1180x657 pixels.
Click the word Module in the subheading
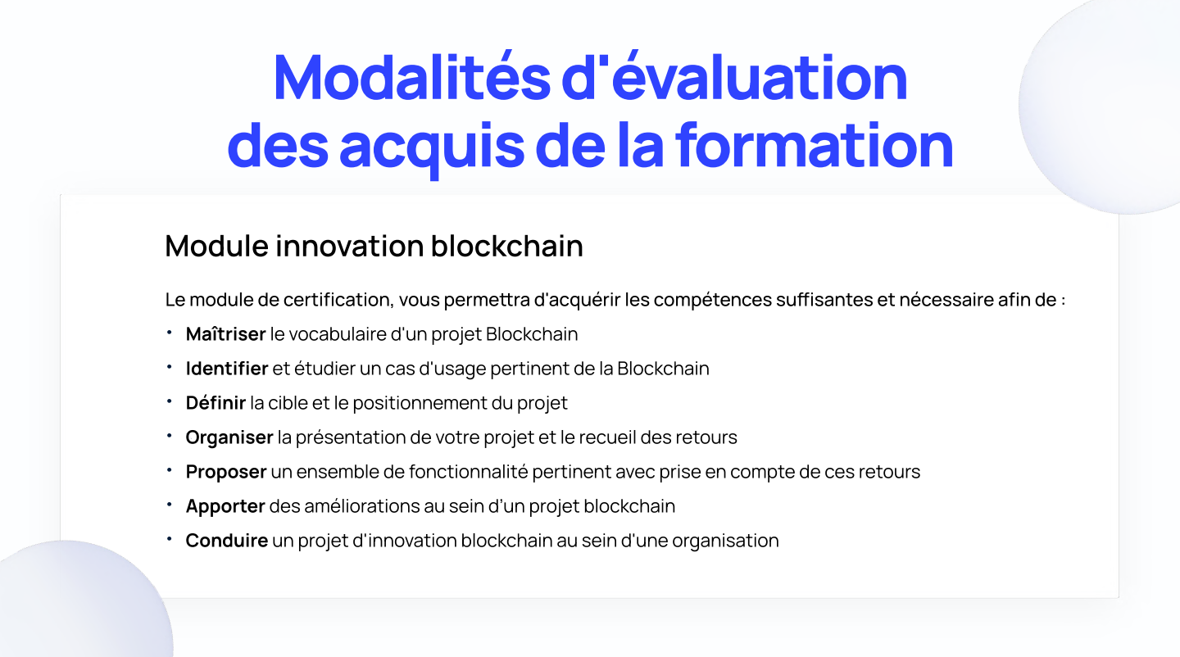tap(216, 246)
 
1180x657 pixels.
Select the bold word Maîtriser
tap(225, 334)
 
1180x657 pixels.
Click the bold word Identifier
tap(227, 369)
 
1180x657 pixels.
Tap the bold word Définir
tap(216, 403)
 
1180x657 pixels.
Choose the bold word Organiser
tap(229, 437)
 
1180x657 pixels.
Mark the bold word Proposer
tap(226, 472)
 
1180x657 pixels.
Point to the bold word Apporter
tap(225, 506)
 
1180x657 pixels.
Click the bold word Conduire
tap(227, 541)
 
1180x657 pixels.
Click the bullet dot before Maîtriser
tap(169, 333)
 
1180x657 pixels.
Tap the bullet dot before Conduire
tap(169, 540)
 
